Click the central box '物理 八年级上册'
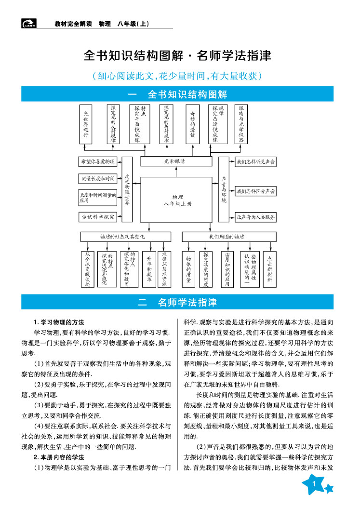[178, 201]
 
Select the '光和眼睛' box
[178, 161]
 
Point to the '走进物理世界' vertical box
[127, 189]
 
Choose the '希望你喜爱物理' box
[97, 161]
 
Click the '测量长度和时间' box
[97, 179]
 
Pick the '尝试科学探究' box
[97, 217]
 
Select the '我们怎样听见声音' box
[256, 162]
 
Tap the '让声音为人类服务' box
[256, 217]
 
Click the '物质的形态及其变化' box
[125, 237]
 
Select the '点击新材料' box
[270, 269]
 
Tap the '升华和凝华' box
[149, 269]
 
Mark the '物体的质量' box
[188, 269]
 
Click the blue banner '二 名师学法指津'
[178, 303]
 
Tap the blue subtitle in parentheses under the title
[178, 76]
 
